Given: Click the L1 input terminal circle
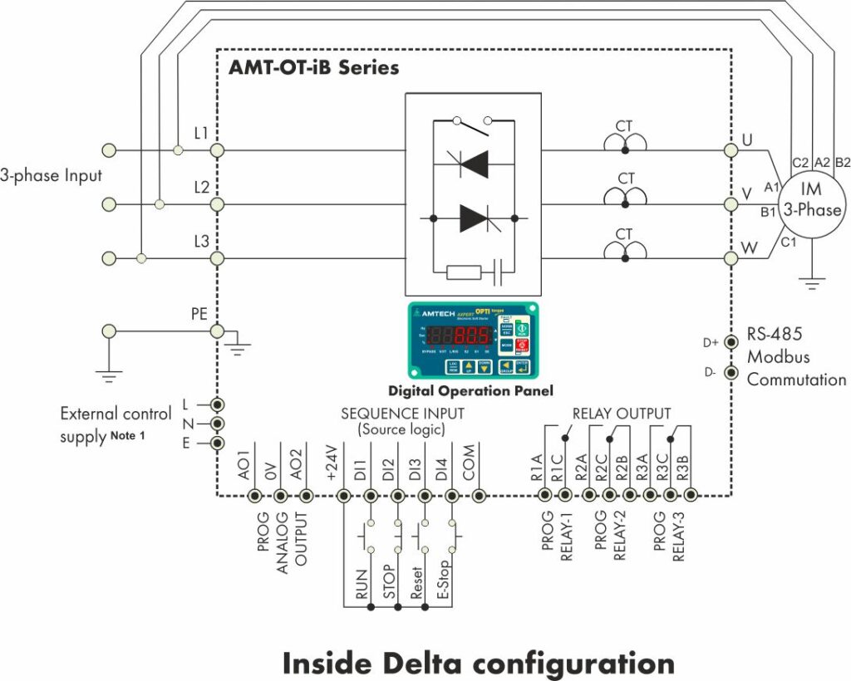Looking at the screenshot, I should [218, 150].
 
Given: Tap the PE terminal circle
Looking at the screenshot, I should [218, 331].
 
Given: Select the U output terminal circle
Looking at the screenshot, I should [730, 150].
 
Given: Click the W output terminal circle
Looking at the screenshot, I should [730, 258].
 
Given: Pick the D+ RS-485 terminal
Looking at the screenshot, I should [730, 342].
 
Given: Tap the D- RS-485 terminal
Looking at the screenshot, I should [730, 372].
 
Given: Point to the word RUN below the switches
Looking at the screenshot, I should [362, 584].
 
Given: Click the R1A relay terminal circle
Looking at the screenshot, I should [544, 496].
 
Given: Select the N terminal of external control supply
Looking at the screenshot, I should [218, 424].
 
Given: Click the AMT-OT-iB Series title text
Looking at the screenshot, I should [313, 67].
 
